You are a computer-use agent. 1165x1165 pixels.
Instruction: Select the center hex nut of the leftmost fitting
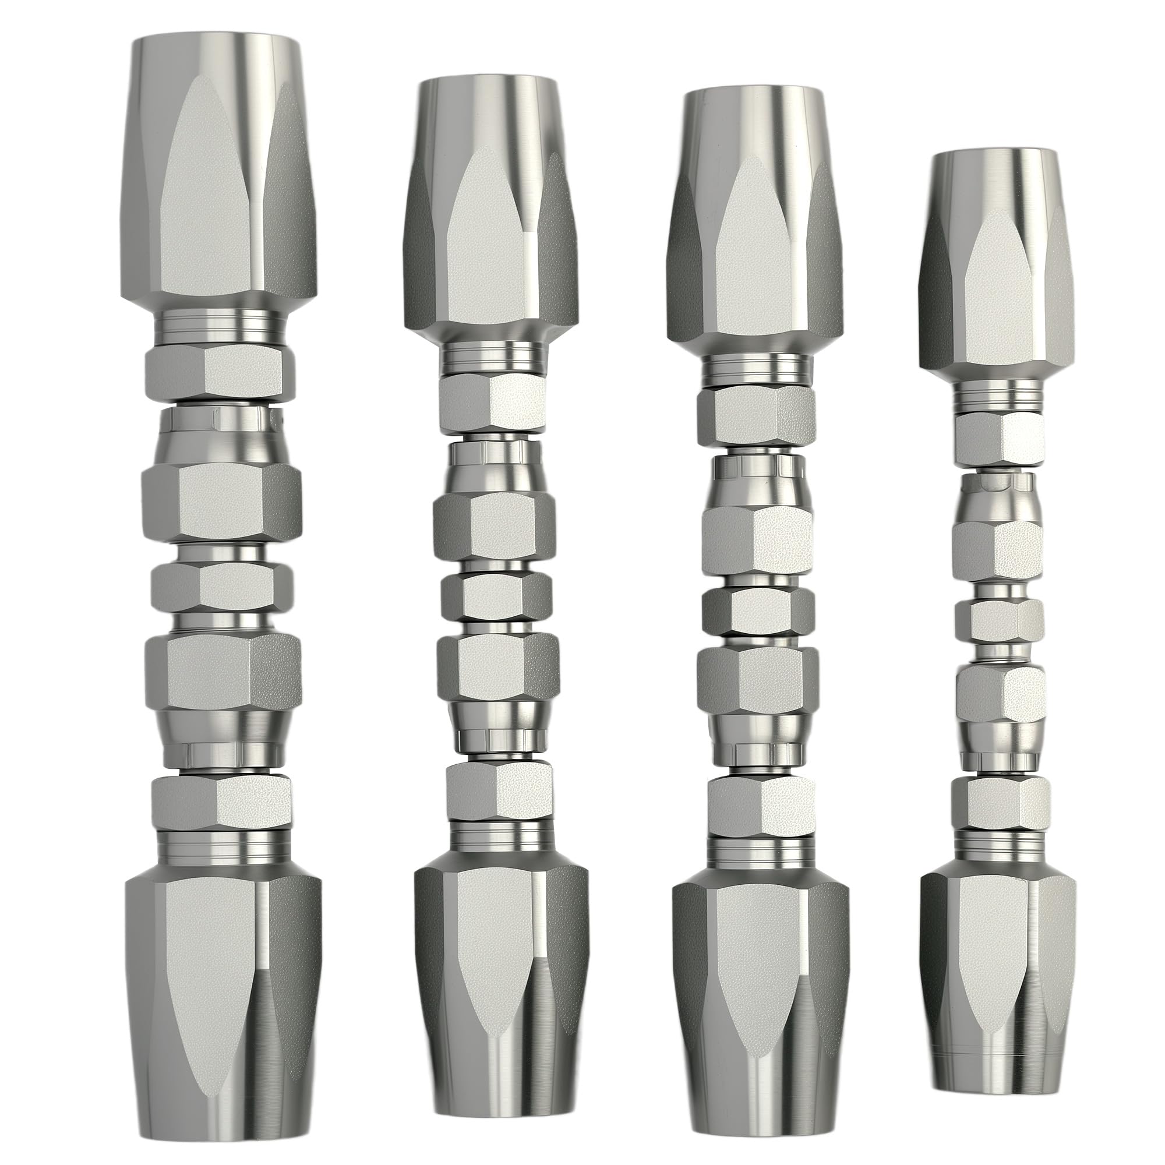pyautogui.click(x=221, y=585)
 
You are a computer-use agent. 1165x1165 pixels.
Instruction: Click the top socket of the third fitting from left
pyautogui.click(x=756, y=223)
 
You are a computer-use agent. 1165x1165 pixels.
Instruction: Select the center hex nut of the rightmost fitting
pyautogui.click(x=999, y=621)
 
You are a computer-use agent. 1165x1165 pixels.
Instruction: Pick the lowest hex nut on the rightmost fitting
pyautogui.click(x=998, y=806)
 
